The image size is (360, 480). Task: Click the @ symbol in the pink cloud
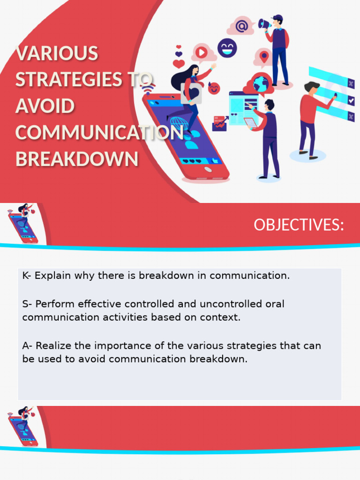pyautogui.click(x=241, y=26)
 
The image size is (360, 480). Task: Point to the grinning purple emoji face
pyautogui.click(x=227, y=48)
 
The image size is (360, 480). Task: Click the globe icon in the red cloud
pyautogui.click(x=261, y=84)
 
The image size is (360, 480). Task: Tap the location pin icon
pyautogui.click(x=264, y=57)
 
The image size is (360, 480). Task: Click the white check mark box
pyautogui.click(x=351, y=100)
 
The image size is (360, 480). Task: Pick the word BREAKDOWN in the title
pyautogui.click(x=77, y=159)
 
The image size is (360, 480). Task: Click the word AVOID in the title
pyautogui.click(x=45, y=106)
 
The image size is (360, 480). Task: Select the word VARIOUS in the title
pyautogui.click(x=57, y=53)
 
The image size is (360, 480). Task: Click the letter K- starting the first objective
pyautogui.click(x=27, y=276)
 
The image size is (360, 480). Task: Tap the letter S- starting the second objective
pyautogui.click(x=27, y=304)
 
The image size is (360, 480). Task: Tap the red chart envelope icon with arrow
pyautogui.click(x=220, y=123)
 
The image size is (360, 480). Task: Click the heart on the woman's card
pyautogui.click(x=194, y=91)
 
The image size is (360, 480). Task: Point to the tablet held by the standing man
pyautogui.click(x=251, y=123)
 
